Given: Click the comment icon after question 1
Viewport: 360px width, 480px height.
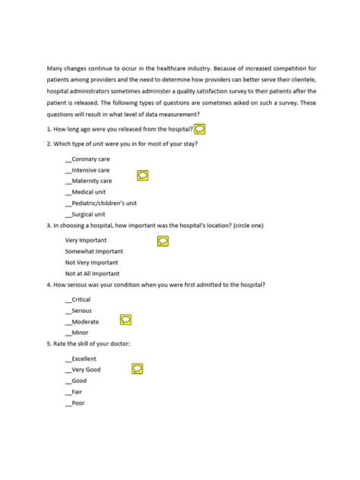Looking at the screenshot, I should coord(200,130).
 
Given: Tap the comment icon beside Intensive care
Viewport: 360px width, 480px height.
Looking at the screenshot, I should coord(143,175).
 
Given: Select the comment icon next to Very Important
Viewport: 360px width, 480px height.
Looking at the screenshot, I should coord(163,242).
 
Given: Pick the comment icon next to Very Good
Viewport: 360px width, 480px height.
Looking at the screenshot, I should coord(137,368).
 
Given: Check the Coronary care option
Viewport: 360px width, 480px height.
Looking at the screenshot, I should coord(90,159).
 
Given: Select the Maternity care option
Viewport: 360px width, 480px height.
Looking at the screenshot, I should coord(91,181).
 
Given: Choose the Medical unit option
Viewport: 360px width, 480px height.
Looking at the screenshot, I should coord(87,192).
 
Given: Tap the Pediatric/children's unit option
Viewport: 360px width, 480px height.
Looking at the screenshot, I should coord(103,204).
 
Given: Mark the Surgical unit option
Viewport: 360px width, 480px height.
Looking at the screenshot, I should coord(88,215).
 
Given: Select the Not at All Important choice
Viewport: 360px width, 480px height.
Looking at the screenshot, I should coord(93,273).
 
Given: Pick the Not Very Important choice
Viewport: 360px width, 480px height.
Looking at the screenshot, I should coord(92,262).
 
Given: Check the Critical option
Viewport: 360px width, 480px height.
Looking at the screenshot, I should coord(81,299).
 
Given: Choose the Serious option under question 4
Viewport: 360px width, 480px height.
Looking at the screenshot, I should coord(81,311).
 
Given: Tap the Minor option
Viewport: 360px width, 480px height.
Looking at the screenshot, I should coord(80,333).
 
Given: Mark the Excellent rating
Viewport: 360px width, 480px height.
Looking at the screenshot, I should coord(84,358).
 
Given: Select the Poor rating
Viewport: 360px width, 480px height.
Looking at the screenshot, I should coord(78,403).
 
